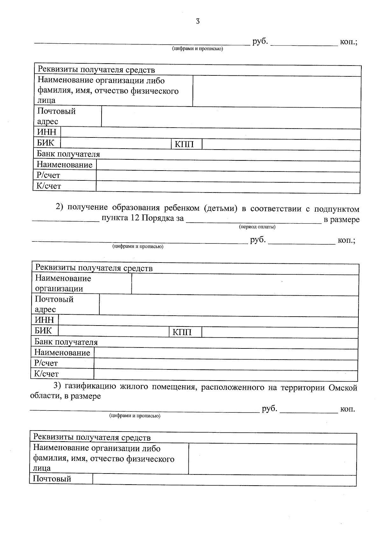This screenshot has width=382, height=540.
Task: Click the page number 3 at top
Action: click(198, 21)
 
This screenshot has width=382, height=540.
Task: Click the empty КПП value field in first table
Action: click(281, 144)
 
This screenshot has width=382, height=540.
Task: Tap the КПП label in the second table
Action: click(182, 333)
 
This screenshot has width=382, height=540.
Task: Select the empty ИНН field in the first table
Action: click(210, 132)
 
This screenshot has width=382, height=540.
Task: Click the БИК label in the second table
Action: click(43, 330)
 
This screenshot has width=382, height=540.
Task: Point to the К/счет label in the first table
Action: click(49, 186)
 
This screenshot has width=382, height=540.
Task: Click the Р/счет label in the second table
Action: click(46, 363)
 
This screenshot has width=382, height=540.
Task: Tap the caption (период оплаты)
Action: click(257, 227)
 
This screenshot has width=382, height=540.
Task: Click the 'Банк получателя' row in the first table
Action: click(68, 154)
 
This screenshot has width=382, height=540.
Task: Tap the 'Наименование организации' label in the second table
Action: click(63, 284)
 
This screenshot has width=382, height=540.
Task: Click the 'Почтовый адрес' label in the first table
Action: click(56, 116)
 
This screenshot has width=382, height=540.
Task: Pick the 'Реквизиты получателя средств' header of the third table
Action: click(92, 438)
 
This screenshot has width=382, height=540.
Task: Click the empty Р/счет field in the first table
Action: click(228, 175)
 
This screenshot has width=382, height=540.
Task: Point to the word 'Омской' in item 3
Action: click(343, 388)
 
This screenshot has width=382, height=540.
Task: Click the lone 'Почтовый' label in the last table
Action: click(52, 479)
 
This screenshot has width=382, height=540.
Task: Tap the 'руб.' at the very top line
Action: click(260, 42)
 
